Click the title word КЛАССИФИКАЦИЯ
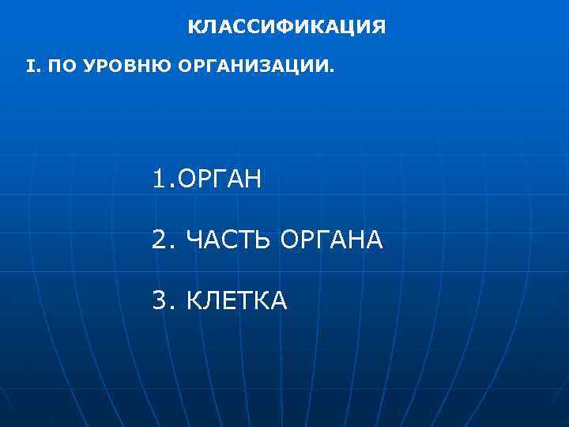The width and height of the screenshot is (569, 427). click(x=287, y=28)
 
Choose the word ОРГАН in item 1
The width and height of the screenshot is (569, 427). click(x=220, y=179)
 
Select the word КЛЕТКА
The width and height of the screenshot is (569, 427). click(x=237, y=300)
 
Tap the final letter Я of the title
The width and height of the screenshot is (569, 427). click(x=379, y=28)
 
